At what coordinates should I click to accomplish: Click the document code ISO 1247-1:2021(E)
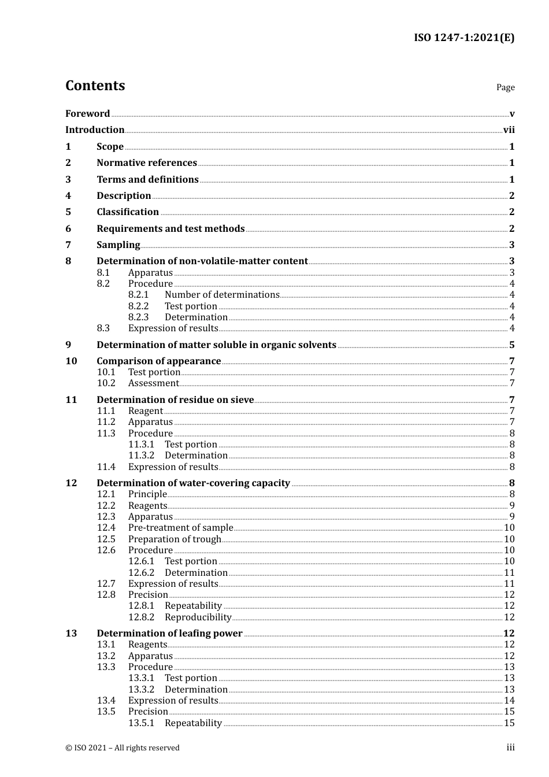click(463, 38)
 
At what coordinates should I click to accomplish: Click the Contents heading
click(95, 86)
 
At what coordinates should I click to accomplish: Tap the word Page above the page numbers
click(505, 87)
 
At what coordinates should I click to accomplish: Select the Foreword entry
click(87, 113)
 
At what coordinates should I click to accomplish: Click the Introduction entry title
click(95, 130)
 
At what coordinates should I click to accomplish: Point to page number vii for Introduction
click(509, 130)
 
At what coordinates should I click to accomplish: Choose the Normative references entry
click(146, 163)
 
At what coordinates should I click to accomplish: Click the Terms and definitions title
click(147, 180)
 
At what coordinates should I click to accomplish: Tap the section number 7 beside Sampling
click(68, 245)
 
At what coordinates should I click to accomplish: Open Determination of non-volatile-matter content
click(202, 261)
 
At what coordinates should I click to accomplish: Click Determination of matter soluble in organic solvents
click(216, 345)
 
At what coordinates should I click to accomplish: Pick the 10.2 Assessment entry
click(153, 383)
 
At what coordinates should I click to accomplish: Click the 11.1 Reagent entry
click(145, 411)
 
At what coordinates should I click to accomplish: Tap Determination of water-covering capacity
click(193, 483)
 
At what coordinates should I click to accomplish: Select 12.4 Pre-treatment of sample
click(180, 528)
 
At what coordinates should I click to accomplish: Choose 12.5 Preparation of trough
click(175, 539)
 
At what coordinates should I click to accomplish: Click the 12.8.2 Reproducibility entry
click(198, 617)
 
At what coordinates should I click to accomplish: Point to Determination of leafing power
click(169, 634)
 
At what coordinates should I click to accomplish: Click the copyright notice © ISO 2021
click(123, 748)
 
